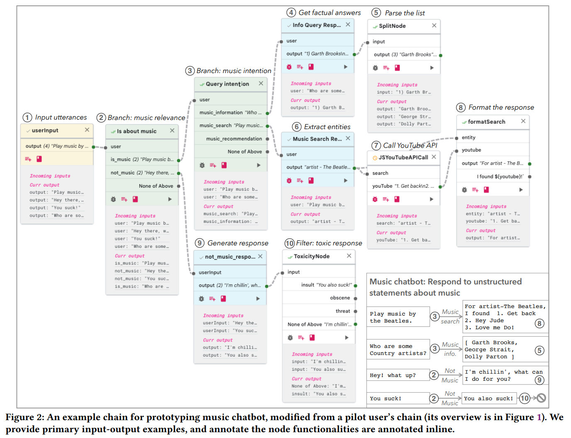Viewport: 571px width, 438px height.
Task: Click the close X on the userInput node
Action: (x=87, y=130)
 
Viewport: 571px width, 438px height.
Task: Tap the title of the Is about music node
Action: (x=137, y=131)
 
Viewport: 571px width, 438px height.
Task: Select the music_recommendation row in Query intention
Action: (x=234, y=139)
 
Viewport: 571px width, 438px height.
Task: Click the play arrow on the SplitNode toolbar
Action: (x=432, y=68)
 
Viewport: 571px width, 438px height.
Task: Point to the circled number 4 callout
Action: (x=291, y=12)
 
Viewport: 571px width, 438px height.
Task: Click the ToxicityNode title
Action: (x=312, y=257)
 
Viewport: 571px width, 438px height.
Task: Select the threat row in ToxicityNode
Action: (x=343, y=311)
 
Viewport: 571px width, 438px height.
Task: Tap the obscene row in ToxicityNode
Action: (x=340, y=298)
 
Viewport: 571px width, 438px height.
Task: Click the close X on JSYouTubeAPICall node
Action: (x=434, y=157)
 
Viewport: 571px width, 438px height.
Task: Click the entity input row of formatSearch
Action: (x=469, y=137)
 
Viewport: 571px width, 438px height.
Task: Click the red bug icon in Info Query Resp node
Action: (x=289, y=67)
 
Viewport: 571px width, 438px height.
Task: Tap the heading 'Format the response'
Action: (x=501, y=108)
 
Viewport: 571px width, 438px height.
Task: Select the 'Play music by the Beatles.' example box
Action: (x=398, y=317)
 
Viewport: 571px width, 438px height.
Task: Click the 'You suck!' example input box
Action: (x=398, y=399)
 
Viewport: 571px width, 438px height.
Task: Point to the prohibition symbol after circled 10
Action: (x=541, y=398)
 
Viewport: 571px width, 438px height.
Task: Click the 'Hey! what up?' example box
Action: (x=398, y=375)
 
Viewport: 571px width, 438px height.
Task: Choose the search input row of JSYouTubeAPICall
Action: (x=381, y=173)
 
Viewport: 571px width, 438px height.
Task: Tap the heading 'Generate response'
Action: (x=238, y=243)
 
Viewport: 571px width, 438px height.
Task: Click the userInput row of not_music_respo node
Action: (x=210, y=272)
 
